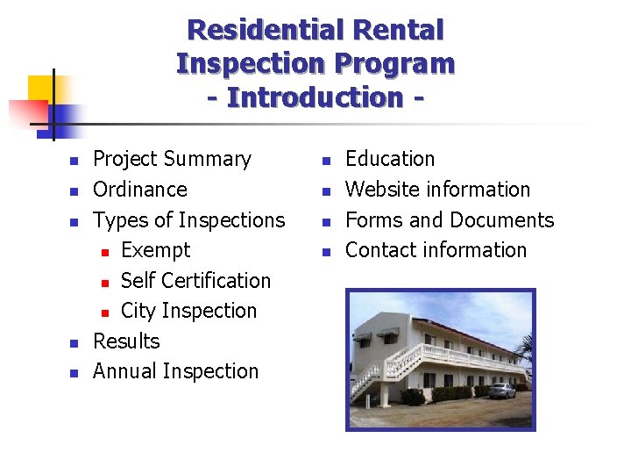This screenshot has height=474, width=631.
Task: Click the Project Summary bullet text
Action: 172,159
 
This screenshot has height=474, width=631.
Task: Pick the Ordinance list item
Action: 140,190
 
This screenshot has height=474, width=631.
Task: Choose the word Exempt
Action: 155,250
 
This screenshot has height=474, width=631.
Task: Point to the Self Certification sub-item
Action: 195,281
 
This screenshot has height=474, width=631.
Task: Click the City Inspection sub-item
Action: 188,311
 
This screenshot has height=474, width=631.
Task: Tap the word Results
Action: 126,341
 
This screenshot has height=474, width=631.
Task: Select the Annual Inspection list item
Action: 175,371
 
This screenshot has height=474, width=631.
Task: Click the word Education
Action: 390,159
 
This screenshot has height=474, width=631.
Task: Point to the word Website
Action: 381,190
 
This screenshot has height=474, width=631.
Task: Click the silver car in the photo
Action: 502,390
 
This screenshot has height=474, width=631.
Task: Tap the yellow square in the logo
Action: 41,90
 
